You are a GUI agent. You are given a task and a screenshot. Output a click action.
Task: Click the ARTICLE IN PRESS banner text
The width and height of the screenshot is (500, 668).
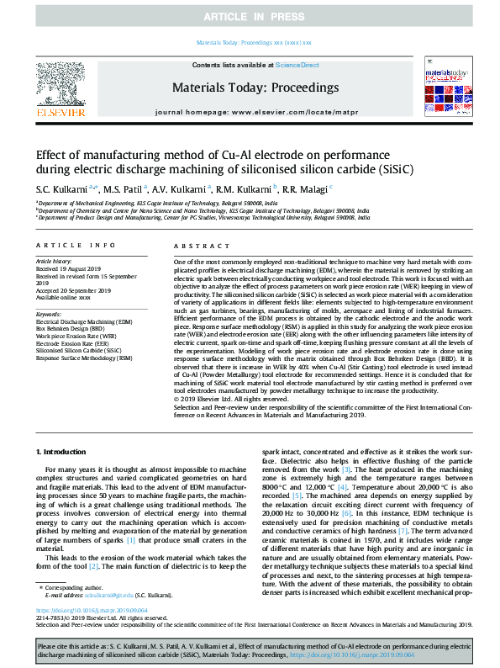[250, 16]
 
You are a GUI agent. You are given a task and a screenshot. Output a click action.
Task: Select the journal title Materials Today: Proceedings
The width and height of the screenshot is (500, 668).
[255, 87]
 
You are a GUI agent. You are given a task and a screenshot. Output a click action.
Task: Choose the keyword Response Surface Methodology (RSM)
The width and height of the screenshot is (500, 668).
[84, 358]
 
